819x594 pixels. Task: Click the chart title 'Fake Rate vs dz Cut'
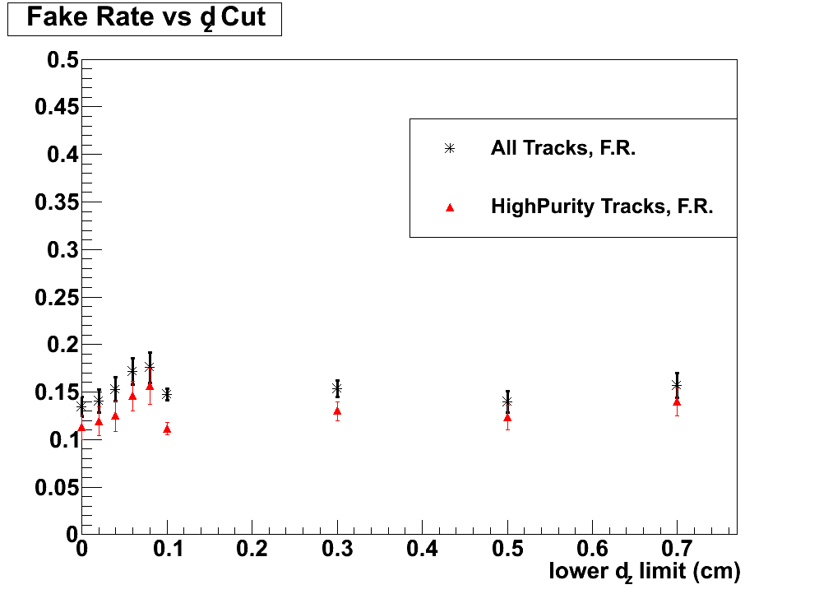[145, 18]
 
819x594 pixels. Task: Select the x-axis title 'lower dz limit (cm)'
[645, 571]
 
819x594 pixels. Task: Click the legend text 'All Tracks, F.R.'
[563, 149]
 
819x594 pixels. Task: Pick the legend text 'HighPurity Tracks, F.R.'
[602, 207]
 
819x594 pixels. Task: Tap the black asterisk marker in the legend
[449, 149]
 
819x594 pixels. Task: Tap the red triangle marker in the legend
[449, 207]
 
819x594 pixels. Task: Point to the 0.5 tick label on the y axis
[62, 60]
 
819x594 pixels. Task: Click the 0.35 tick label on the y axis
[56, 202]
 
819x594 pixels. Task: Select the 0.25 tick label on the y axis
[56, 297]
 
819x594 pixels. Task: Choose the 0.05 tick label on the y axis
[56, 487]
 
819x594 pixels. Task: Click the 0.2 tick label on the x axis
[252, 548]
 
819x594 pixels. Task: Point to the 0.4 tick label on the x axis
[422, 548]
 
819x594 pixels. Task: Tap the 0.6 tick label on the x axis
[592, 548]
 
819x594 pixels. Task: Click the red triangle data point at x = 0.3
[337, 411]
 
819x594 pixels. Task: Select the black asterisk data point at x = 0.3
[337, 388]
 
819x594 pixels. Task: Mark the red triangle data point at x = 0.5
[507, 417]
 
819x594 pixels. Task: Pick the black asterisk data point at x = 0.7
[677, 385]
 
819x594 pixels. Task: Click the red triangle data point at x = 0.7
[677, 401]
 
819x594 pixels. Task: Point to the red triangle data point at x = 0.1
[167, 429]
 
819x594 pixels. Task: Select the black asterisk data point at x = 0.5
[507, 401]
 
